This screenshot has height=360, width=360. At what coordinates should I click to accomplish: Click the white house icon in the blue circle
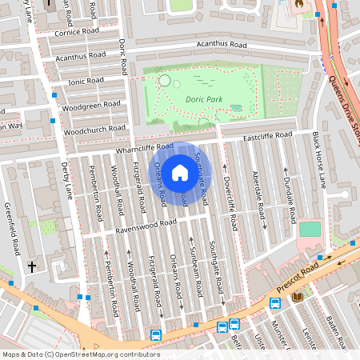coord(180,172)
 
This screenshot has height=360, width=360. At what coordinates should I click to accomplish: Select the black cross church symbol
coord(33,266)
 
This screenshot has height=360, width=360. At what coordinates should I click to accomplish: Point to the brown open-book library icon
coord(298,297)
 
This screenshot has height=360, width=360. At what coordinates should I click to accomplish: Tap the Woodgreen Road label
coord(90,106)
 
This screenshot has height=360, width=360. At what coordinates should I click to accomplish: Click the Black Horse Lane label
coord(319,161)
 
